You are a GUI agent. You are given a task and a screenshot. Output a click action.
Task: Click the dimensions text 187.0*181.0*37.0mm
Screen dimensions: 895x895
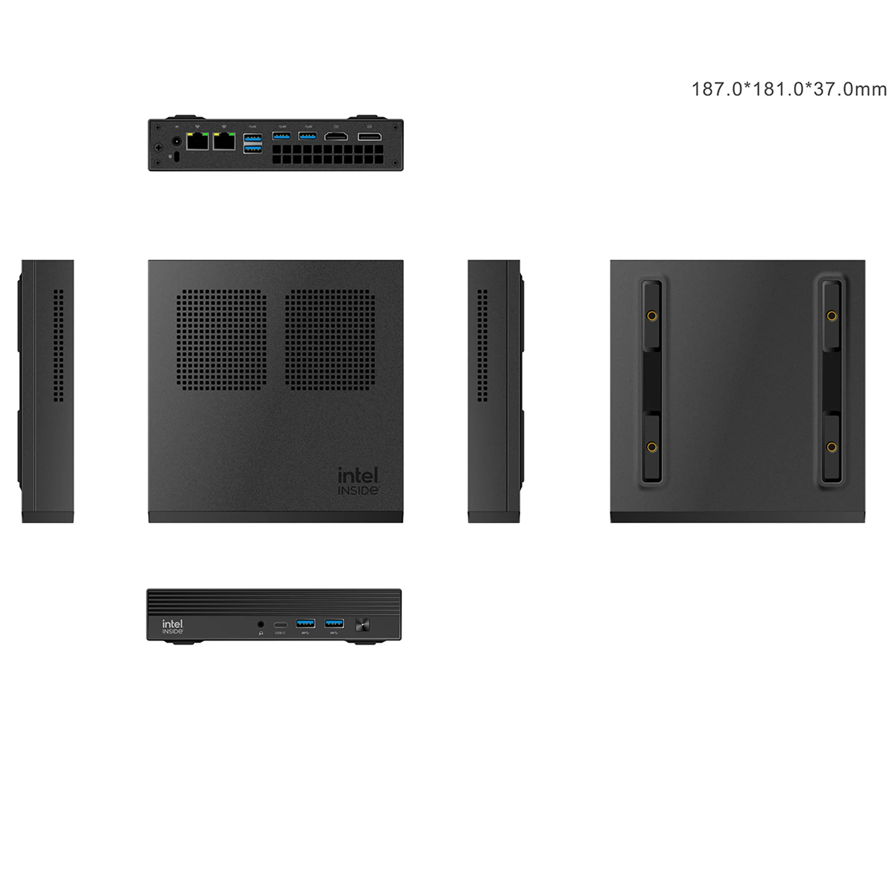point(789,89)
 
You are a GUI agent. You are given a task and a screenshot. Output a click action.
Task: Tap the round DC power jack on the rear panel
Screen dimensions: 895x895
point(177,142)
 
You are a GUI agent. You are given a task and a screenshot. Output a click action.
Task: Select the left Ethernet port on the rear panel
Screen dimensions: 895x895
point(197,141)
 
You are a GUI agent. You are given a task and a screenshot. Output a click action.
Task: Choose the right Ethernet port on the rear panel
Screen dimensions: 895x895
point(224,141)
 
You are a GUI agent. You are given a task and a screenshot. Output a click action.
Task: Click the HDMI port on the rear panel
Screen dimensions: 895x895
point(336,137)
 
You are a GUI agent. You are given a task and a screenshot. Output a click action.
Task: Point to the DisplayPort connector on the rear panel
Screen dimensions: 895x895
point(369,137)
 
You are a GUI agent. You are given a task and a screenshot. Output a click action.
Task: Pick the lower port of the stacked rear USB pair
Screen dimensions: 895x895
point(252,149)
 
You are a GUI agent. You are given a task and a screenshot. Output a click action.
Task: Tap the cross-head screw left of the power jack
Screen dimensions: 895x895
point(159,147)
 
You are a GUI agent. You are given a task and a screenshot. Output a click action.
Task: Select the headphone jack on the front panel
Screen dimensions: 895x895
point(260,624)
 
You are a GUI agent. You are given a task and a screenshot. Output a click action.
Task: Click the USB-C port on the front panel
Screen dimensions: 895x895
point(280,625)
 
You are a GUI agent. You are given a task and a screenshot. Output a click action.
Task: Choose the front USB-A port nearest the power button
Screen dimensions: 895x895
point(334,624)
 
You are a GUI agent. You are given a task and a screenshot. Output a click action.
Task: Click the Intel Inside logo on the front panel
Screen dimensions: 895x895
point(172,626)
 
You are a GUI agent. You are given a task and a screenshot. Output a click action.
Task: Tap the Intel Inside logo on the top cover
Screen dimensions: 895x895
point(359,480)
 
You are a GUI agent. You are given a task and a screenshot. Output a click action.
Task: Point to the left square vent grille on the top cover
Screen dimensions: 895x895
point(221,340)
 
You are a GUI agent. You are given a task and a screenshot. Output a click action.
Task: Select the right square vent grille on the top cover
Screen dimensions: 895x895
point(330,340)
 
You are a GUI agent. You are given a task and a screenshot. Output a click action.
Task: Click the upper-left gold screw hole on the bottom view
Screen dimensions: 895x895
point(652,315)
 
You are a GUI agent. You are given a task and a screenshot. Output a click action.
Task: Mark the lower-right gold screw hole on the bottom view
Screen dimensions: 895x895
point(831,447)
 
